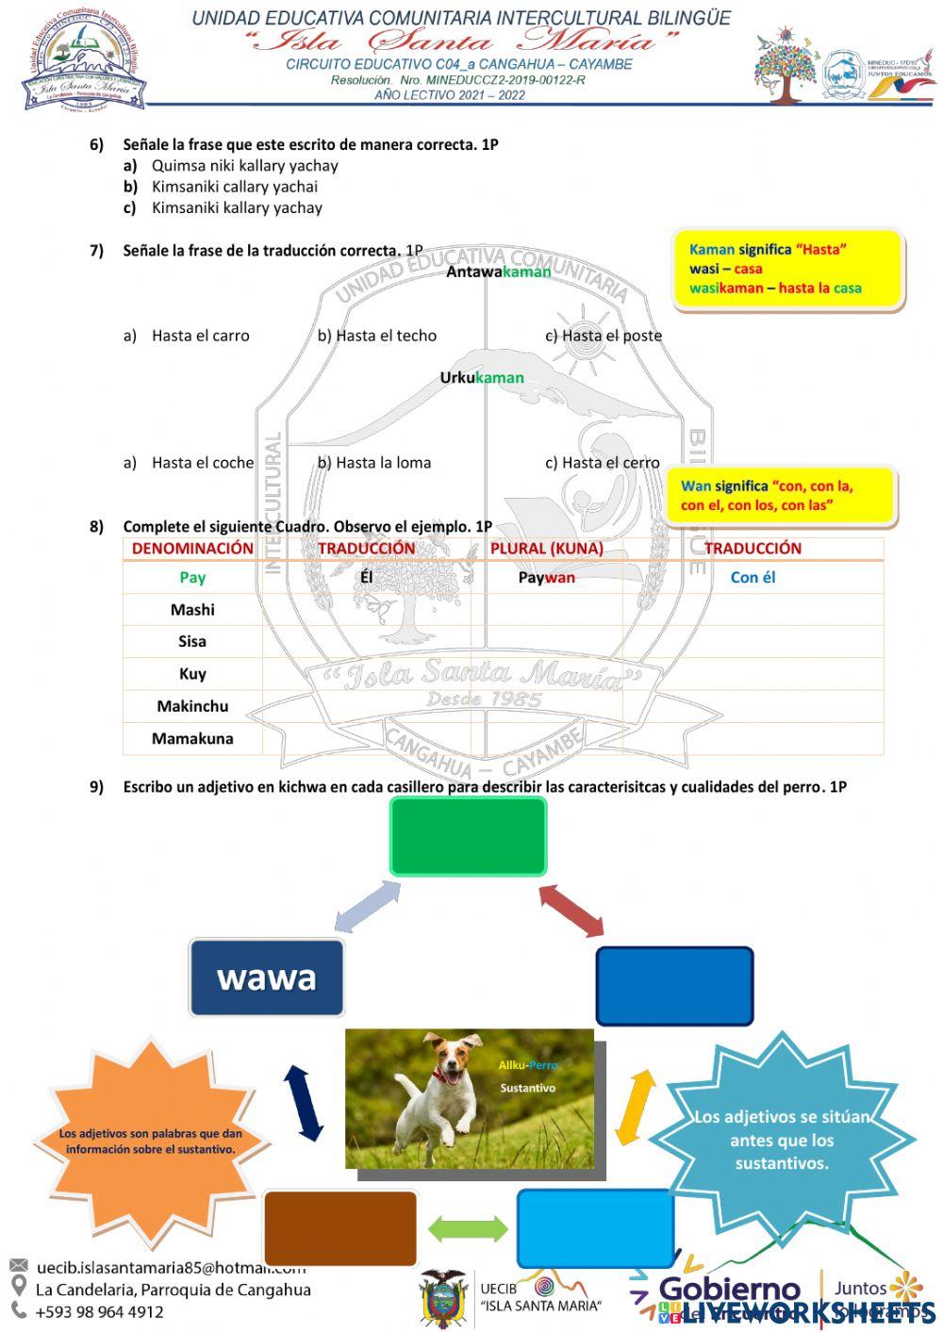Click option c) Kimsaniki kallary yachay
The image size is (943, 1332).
(236, 207)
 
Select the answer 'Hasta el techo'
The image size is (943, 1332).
(386, 336)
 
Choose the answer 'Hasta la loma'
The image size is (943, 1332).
(383, 463)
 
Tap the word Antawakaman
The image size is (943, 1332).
(498, 271)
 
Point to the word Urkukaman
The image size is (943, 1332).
(482, 378)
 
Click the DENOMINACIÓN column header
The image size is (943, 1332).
(192, 549)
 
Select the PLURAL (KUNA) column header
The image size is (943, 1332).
(547, 549)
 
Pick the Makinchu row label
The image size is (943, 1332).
(192, 706)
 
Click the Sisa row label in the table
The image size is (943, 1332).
(192, 641)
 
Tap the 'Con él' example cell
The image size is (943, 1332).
(753, 577)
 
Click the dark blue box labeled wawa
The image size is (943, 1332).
(267, 978)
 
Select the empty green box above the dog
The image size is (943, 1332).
(469, 836)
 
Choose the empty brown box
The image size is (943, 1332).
(340, 1227)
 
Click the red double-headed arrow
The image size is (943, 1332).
(571, 911)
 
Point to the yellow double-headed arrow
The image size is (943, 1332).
(636, 1107)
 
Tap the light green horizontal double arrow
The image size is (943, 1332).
(468, 1228)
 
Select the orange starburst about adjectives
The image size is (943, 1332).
(151, 1141)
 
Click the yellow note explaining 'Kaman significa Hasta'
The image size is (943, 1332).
(788, 270)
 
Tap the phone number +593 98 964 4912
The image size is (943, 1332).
(99, 1311)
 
